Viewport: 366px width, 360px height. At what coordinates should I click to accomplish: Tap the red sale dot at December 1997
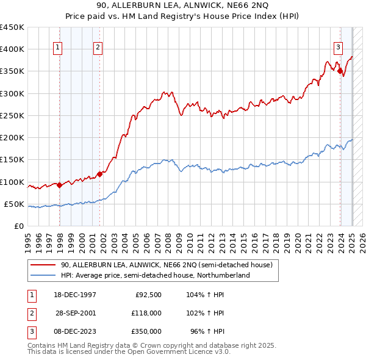coord(60,185)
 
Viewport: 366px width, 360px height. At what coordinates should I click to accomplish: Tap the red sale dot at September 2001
coord(99,174)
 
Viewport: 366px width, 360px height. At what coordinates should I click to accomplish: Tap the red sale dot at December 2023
coord(339,71)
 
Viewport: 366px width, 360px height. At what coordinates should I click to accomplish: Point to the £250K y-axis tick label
coord(12,115)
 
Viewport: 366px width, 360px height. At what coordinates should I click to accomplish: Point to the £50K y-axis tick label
coord(15,204)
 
